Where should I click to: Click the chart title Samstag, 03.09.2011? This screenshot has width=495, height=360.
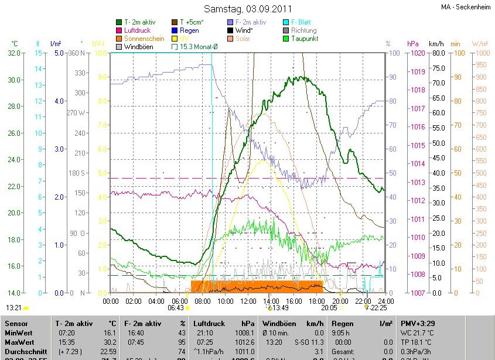click(x=247, y=9)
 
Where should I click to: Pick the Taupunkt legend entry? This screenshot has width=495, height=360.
click(x=303, y=39)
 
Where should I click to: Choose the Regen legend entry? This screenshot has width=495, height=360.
click(x=189, y=30)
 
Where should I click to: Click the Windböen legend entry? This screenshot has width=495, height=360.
click(x=141, y=46)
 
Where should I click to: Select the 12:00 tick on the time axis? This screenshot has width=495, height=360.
click(x=248, y=301)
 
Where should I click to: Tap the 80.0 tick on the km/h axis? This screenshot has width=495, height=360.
click(x=437, y=53)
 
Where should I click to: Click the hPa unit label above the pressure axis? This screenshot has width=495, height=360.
click(x=412, y=44)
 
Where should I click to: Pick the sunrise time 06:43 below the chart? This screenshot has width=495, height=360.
click(x=176, y=307)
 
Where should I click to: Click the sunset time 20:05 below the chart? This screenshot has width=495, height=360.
click(x=329, y=307)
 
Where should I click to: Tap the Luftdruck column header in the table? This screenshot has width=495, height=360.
click(x=208, y=323)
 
